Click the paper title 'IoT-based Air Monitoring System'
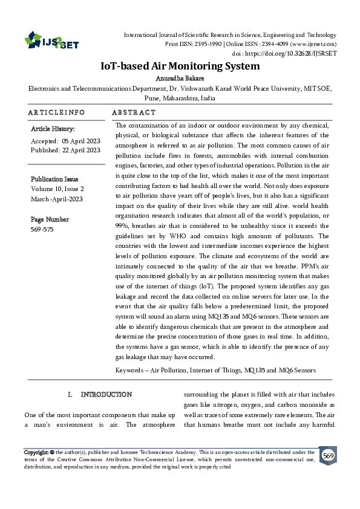click(180, 66)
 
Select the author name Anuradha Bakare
click(180, 78)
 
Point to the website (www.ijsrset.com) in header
click(314, 44)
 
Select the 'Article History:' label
click(53, 129)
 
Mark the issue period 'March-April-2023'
click(57, 199)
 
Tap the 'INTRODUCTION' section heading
click(106, 395)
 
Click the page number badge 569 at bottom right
click(328, 456)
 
